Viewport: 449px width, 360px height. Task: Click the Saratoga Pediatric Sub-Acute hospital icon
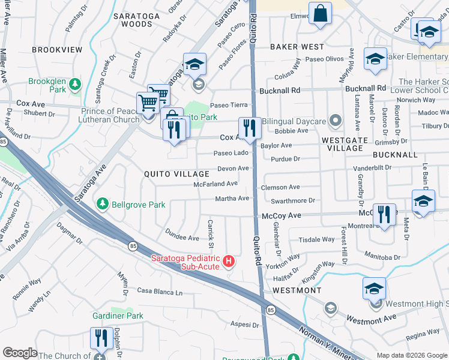[228, 261]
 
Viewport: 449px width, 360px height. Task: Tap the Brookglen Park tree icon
[75, 83]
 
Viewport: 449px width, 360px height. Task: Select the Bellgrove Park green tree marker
[103, 205]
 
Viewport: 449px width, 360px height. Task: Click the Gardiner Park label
[118, 316]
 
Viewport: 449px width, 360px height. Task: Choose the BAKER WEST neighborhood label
[297, 46]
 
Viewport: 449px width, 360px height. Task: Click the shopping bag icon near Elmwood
[321, 14]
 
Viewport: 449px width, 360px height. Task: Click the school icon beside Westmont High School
[374, 289]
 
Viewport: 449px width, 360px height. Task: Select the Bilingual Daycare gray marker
[335, 122]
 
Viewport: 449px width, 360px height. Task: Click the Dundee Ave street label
[182, 238]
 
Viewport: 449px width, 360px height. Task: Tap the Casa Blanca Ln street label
[160, 292]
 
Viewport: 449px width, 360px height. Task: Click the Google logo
[20, 352]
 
